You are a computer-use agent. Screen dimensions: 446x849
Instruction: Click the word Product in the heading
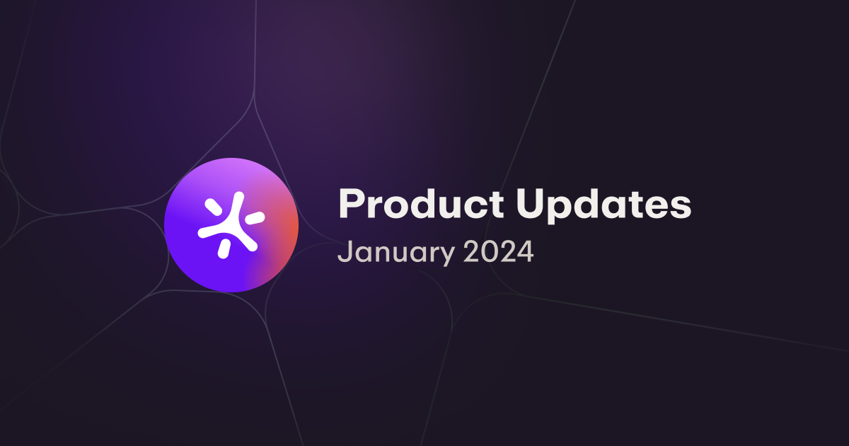coord(415,205)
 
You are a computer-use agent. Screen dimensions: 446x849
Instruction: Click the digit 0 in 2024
coord(488,252)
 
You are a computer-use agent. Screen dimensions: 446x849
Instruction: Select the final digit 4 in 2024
coord(525,252)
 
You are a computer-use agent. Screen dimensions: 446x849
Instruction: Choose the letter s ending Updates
coord(680,207)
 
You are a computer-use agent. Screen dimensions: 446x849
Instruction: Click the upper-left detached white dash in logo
coord(212,207)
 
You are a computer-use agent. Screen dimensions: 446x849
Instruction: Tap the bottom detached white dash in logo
coord(224,248)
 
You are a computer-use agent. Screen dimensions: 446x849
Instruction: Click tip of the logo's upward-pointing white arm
coord(239,197)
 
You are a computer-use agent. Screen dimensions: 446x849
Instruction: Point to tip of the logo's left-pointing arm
coord(203,233)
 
